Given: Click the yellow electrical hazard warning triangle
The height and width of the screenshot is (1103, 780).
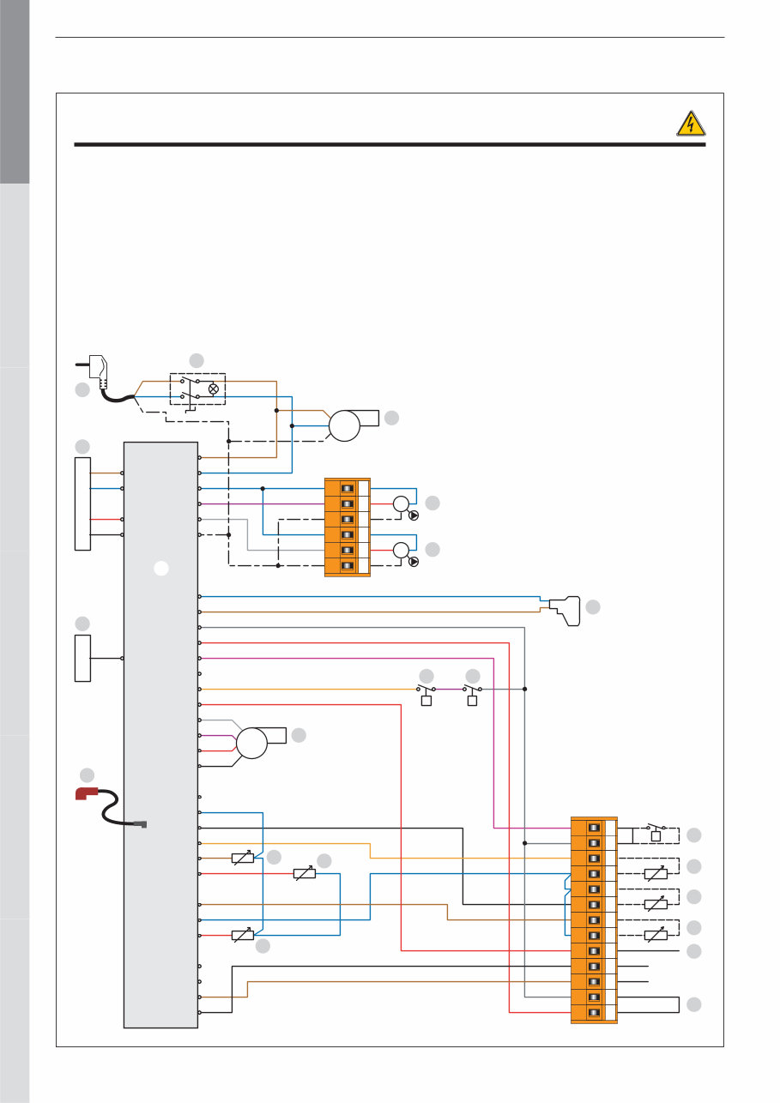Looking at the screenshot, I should pyautogui.click(x=691, y=125).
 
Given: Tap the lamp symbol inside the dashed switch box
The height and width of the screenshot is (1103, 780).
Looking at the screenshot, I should pyautogui.click(x=213, y=389).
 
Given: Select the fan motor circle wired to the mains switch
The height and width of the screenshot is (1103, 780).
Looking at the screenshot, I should pyautogui.click(x=344, y=425).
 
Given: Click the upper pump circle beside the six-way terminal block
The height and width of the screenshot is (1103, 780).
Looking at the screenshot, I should pyautogui.click(x=401, y=503).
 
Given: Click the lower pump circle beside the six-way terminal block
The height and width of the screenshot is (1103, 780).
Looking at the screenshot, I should pyautogui.click(x=401, y=550).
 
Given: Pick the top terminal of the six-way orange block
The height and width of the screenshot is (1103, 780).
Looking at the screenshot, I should pyautogui.click(x=348, y=488).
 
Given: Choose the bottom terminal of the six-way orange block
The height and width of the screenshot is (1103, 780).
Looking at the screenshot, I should pyautogui.click(x=348, y=565).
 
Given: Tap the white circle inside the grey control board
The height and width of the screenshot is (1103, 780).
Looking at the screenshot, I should pyautogui.click(x=160, y=567).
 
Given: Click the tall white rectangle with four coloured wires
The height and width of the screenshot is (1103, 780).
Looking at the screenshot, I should pyautogui.click(x=82, y=503).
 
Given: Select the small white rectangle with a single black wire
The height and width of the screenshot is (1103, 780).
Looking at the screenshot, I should pyautogui.click(x=82, y=658).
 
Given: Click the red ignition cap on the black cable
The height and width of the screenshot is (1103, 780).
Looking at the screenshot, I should pyautogui.click(x=87, y=793).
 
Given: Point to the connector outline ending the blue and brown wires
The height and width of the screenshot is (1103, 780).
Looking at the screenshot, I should pyautogui.click(x=565, y=609).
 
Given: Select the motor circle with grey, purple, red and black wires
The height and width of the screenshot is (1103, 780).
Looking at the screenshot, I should pyautogui.click(x=252, y=743).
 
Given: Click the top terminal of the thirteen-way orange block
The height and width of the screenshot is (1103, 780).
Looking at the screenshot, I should pyautogui.click(x=593, y=828).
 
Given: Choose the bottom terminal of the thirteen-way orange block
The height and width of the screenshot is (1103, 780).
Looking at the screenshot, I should pyautogui.click(x=593, y=1013).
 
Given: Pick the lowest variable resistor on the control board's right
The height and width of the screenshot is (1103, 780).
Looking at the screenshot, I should pyautogui.click(x=243, y=935).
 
